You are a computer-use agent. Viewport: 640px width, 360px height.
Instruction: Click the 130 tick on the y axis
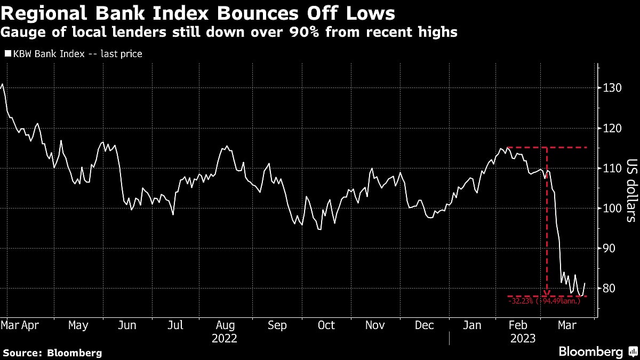tap(611, 88)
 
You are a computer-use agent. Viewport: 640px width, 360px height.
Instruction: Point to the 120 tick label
tap(611, 128)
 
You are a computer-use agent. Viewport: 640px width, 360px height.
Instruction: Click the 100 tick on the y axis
tap(611, 208)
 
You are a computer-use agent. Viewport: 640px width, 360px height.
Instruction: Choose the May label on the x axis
tap(78, 325)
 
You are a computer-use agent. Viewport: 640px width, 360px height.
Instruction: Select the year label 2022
tap(225, 338)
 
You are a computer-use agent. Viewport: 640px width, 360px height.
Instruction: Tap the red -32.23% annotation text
tap(544, 301)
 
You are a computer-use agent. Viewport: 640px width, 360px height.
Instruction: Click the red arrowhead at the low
tap(547, 293)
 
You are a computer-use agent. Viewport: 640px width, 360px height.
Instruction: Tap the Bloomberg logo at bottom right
tap(590, 352)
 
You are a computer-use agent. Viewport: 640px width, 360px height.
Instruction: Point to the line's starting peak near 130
tap(3, 84)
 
